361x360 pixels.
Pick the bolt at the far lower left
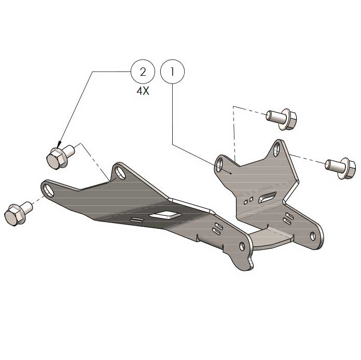click(17, 213)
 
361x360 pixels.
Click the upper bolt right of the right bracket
click(282, 119)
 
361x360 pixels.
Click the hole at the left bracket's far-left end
click(49, 188)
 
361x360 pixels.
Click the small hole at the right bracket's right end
click(313, 237)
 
